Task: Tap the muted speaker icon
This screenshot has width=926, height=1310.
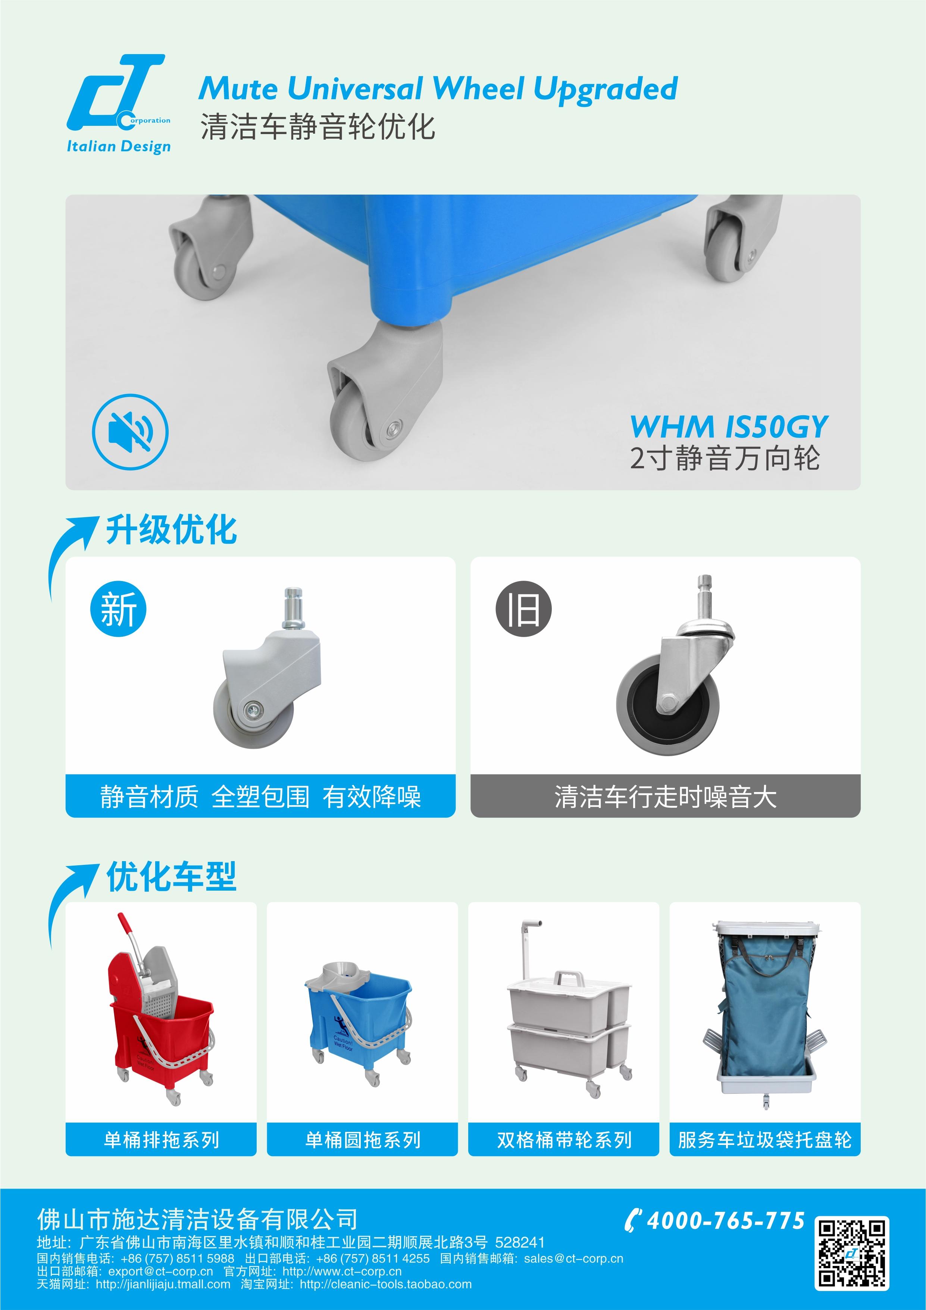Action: coord(131,432)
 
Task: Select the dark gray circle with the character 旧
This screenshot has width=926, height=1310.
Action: coord(523,609)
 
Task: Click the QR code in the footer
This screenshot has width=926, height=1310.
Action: coord(852,1253)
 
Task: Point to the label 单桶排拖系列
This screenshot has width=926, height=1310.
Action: coord(162,1140)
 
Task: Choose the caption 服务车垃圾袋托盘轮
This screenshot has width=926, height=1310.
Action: coord(764,1140)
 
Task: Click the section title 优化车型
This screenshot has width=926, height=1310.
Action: coord(171,876)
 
